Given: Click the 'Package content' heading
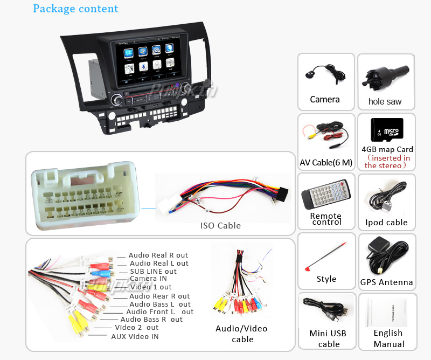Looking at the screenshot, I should [75, 9].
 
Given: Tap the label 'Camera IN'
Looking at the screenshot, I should [148, 279].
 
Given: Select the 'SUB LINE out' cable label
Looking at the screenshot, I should [153, 271].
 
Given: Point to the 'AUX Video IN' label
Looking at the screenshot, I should [135, 337].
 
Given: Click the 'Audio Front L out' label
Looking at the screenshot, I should [159, 311].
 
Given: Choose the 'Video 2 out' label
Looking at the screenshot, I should [136, 328].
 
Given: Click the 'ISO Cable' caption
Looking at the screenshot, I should [220, 226].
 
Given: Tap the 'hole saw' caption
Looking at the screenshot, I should [385, 101].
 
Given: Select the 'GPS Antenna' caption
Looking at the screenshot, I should [386, 282].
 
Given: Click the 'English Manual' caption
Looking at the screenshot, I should [388, 338].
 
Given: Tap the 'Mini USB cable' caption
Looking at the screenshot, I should [329, 338].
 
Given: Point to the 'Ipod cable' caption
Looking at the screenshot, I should [386, 223].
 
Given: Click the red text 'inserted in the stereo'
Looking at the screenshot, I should [387, 162].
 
